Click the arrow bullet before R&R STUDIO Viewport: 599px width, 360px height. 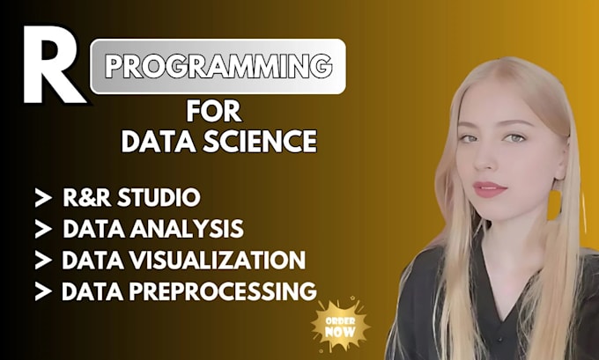click(x=41, y=197)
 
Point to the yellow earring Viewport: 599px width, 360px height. click(x=554, y=205)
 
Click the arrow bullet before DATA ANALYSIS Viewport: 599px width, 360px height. click(x=41, y=230)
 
